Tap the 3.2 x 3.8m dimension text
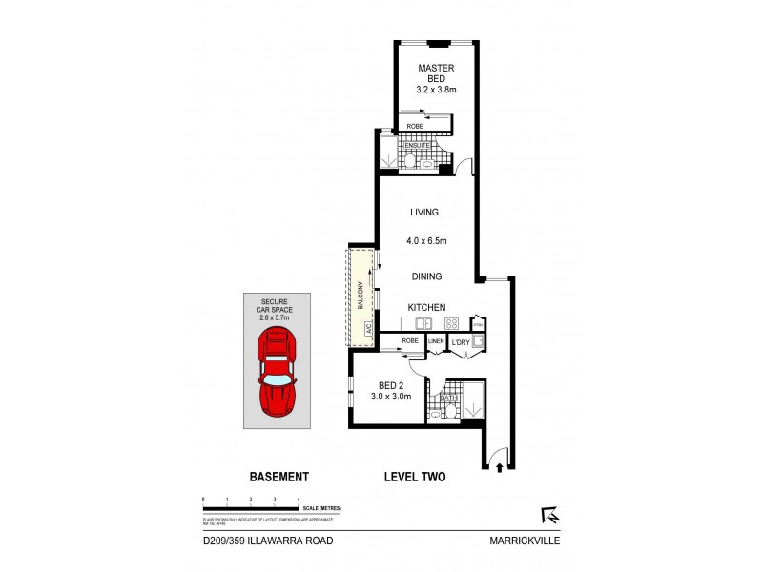435,90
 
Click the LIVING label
423,214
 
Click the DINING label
425,276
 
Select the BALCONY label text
361,296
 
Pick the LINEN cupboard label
436,340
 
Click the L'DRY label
459,340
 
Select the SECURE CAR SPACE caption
278,307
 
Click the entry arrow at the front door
501,466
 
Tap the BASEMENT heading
278,477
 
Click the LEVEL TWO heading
415,477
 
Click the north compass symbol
549,516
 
